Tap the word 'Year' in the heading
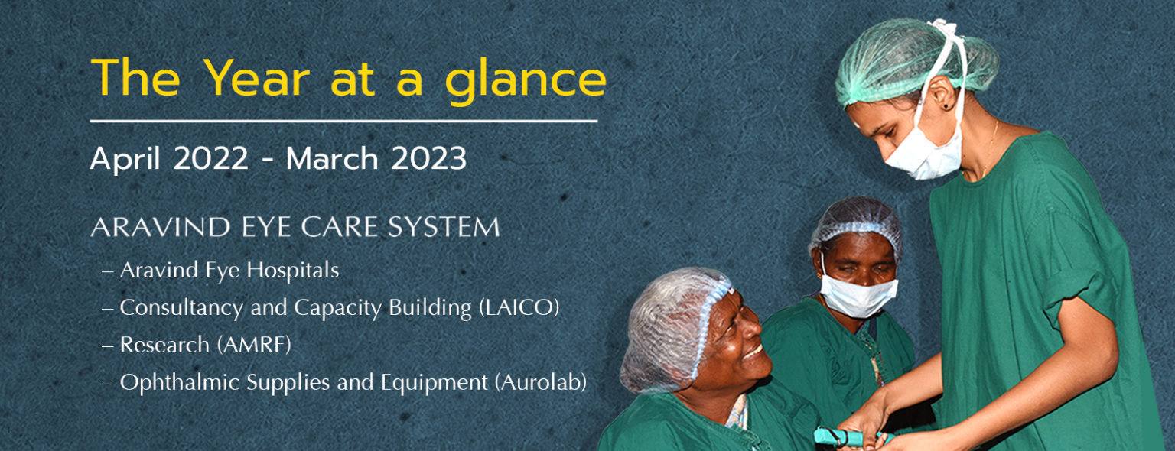click(x=256, y=77)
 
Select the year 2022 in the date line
click(x=210, y=158)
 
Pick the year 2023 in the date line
click(x=428, y=158)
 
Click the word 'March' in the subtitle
click(x=332, y=158)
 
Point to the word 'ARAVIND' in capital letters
click(x=161, y=227)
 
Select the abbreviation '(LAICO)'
click(x=519, y=308)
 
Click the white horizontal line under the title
click(x=343, y=121)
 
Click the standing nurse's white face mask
click(x=926, y=154)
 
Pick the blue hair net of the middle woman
click(x=856, y=223)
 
